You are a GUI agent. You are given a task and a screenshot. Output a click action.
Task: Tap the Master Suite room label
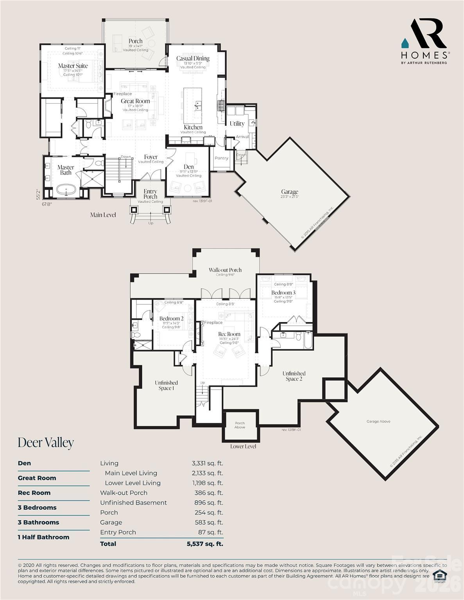pyautogui.click(x=73, y=66)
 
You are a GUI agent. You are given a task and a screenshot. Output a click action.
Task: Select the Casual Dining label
pyautogui.click(x=193, y=59)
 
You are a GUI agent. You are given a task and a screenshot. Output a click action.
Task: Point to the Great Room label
pyautogui.click(x=135, y=101)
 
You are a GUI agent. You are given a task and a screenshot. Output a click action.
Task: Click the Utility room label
pyautogui.click(x=237, y=123)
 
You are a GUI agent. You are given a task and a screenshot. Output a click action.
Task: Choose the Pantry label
pyautogui.click(x=221, y=158)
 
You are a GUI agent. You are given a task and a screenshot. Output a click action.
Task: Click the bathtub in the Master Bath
pyautogui.click(x=66, y=191)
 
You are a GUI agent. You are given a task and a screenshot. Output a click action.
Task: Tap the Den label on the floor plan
pyautogui.click(x=189, y=167)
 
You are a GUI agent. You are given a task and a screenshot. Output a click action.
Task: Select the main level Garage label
pyautogui.click(x=289, y=192)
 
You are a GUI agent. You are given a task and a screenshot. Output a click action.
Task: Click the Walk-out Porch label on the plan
pyautogui.click(x=225, y=270)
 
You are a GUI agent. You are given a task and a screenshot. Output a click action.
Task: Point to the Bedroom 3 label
pyautogui.click(x=283, y=293)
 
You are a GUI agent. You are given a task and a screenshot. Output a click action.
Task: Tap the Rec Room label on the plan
pyautogui.click(x=229, y=334)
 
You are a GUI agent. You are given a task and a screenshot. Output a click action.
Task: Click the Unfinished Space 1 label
pyautogui.click(x=166, y=386)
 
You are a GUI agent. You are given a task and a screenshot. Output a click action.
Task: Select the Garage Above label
pyautogui.click(x=378, y=421)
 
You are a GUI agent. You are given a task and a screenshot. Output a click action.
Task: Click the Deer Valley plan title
pyautogui.click(x=46, y=443)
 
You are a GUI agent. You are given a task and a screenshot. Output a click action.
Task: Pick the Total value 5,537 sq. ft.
pyautogui.click(x=205, y=544)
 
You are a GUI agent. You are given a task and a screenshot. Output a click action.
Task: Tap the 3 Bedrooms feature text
pyautogui.click(x=37, y=507)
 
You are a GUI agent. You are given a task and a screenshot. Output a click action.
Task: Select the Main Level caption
pyautogui.click(x=103, y=215)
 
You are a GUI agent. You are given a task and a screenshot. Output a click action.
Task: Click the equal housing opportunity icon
pyautogui.click(x=440, y=576)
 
